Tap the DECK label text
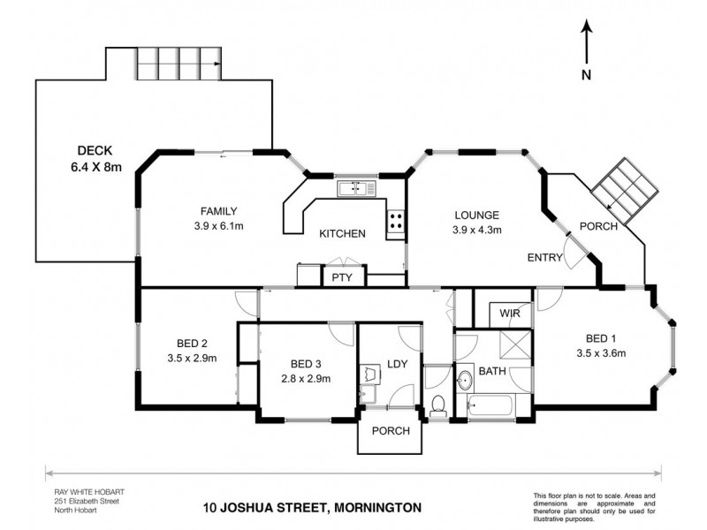tap(95, 150)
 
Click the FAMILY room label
tap(219, 210)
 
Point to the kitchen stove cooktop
tap(395, 222)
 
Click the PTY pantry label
tap(341, 277)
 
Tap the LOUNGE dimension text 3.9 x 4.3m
tap(477, 230)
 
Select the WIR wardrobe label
tap(508, 313)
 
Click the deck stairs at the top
tap(180, 64)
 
